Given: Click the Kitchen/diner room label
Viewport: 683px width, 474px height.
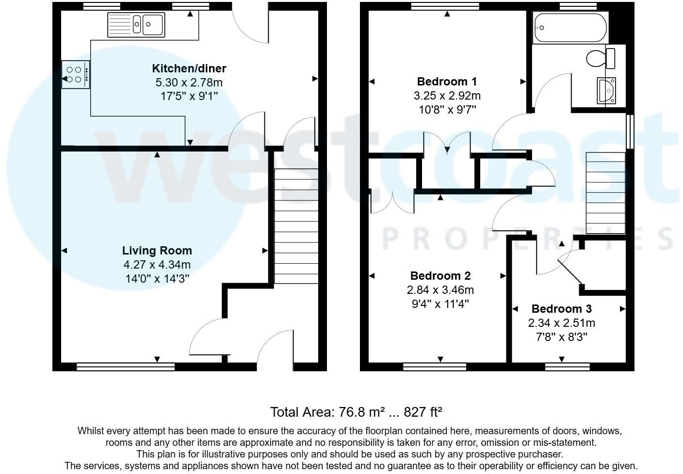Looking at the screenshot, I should tap(189, 68).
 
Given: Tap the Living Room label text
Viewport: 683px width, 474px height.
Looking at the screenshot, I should tap(157, 251).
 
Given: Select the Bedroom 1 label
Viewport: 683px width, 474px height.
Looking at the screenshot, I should tap(447, 81).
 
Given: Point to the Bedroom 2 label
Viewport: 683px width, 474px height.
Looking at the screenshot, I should tap(440, 276).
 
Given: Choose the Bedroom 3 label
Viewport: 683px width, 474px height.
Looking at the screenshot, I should tap(561, 309).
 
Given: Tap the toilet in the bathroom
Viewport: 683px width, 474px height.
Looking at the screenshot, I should tap(601, 58).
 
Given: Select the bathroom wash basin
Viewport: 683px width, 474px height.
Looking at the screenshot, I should tap(606, 90).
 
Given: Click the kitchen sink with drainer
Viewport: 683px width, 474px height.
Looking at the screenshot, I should tap(136, 24).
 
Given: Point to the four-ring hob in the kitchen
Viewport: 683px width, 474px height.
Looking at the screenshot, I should tap(75, 74).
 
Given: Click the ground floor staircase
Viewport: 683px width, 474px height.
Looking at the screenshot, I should tap(296, 226).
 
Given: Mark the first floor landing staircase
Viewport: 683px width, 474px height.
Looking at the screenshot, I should tap(605, 193).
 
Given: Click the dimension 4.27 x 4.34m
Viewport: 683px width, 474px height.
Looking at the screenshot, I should tap(157, 265).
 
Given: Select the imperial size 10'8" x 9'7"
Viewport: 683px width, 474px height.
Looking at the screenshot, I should tap(447, 110).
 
